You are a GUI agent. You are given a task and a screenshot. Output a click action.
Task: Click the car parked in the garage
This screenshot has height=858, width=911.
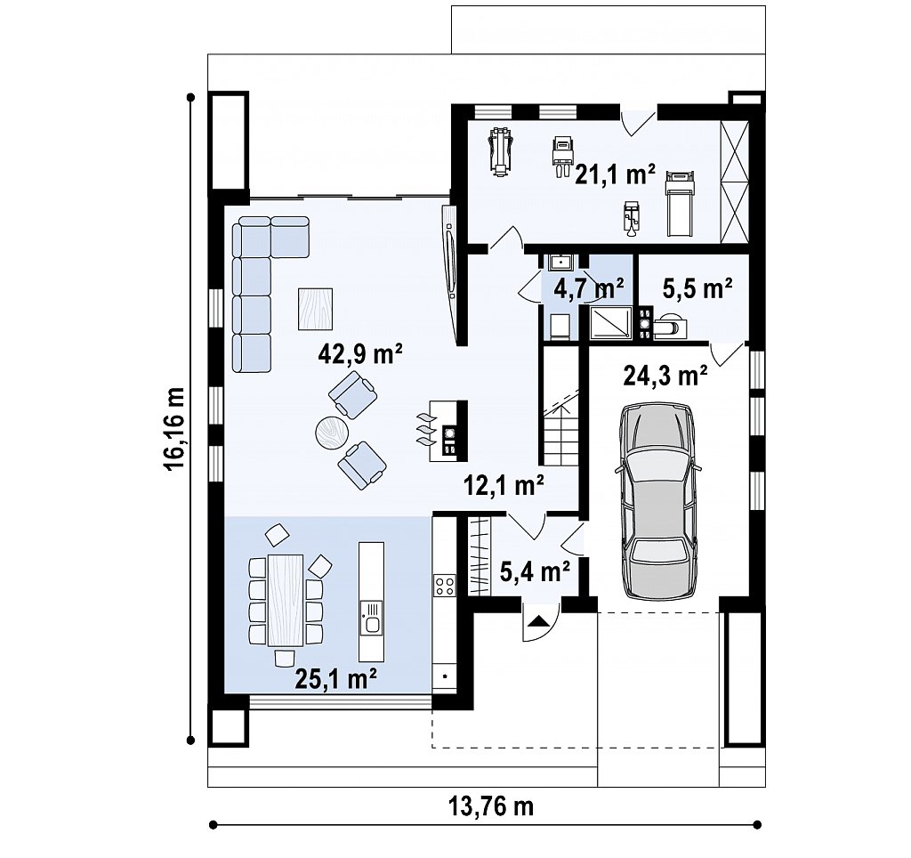(x=659, y=501)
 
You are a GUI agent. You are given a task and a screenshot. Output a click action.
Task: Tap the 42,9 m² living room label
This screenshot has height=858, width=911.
(x=360, y=353)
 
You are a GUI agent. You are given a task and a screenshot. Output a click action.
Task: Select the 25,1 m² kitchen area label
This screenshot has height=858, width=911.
(x=336, y=678)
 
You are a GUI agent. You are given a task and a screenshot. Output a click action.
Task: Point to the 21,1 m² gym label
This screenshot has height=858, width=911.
(x=616, y=174)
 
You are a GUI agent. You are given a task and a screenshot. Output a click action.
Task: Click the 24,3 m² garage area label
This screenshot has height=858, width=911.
(x=665, y=376)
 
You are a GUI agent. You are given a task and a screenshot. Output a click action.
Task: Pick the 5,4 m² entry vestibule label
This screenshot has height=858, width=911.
(x=535, y=572)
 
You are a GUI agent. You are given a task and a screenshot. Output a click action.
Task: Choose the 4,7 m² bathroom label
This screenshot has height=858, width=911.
(x=588, y=287)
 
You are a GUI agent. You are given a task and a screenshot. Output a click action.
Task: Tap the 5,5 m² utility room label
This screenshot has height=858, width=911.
(x=697, y=287)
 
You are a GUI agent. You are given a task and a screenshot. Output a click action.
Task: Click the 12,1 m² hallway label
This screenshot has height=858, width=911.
(x=504, y=484)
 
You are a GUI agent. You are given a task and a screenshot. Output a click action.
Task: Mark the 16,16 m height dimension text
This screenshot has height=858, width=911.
(x=174, y=428)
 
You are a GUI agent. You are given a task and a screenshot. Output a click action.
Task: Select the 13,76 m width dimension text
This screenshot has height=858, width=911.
(x=491, y=806)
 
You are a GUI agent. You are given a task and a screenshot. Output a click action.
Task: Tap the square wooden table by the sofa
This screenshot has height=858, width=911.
(x=316, y=309)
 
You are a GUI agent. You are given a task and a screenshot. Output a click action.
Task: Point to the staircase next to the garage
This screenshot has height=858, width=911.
(x=562, y=406)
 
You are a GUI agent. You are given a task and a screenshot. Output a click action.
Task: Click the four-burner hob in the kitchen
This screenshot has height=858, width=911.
(x=445, y=585)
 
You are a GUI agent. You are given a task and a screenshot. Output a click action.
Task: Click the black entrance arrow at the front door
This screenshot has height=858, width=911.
(x=538, y=621)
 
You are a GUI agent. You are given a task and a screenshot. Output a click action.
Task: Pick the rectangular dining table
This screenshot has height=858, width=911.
(x=286, y=601)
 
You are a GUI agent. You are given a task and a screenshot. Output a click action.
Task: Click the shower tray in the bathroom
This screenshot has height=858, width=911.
(x=610, y=321)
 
